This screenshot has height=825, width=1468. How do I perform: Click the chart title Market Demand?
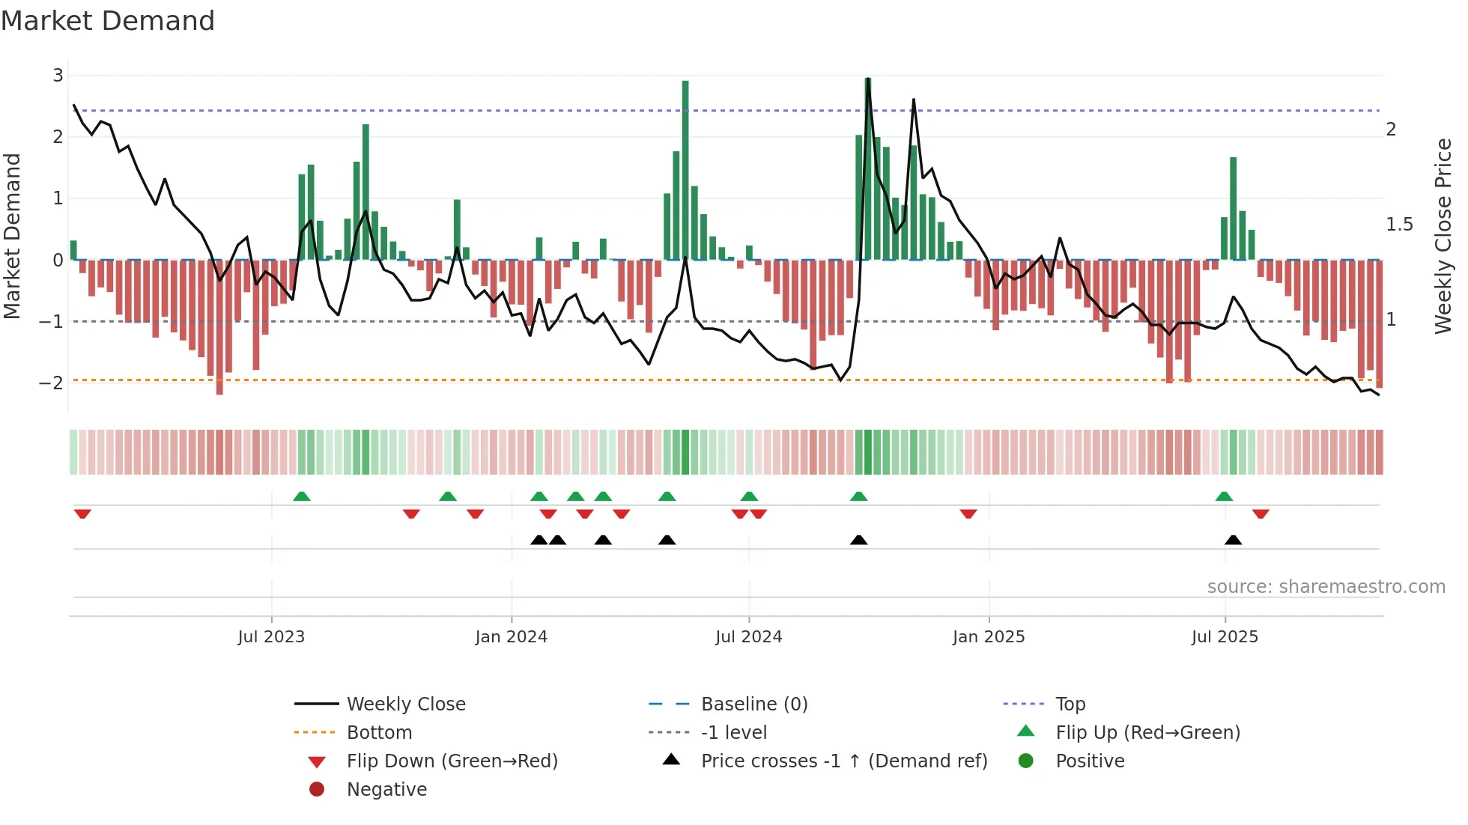[108, 20]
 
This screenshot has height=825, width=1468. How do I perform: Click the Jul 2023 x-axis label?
[271, 637]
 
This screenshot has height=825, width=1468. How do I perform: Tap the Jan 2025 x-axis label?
[989, 637]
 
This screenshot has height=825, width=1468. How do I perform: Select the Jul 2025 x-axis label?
[1225, 637]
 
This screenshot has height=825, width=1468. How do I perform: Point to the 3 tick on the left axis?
[58, 75]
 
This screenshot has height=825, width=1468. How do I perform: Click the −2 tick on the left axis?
[52, 383]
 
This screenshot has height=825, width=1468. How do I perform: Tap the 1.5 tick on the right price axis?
[1399, 225]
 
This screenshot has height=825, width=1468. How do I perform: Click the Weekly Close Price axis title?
[1443, 236]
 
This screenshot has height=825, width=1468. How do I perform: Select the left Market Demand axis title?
[12, 236]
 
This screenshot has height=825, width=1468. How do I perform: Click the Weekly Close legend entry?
[406, 704]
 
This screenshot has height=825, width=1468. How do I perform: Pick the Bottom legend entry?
[379, 733]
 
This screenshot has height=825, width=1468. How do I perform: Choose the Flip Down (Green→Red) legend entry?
[452, 761]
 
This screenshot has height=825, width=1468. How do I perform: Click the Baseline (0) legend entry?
[754, 704]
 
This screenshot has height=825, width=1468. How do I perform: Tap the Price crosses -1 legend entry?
[844, 761]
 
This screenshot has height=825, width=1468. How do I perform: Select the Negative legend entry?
[386, 790]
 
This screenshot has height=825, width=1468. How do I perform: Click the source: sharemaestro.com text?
[1326, 586]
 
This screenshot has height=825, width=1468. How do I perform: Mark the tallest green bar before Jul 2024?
[685, 169]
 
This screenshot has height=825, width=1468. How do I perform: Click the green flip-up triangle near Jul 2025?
[1224, 496]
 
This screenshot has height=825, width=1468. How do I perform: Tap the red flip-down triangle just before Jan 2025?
[968, 514]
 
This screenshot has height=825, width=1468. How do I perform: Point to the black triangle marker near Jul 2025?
[1233, 540]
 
